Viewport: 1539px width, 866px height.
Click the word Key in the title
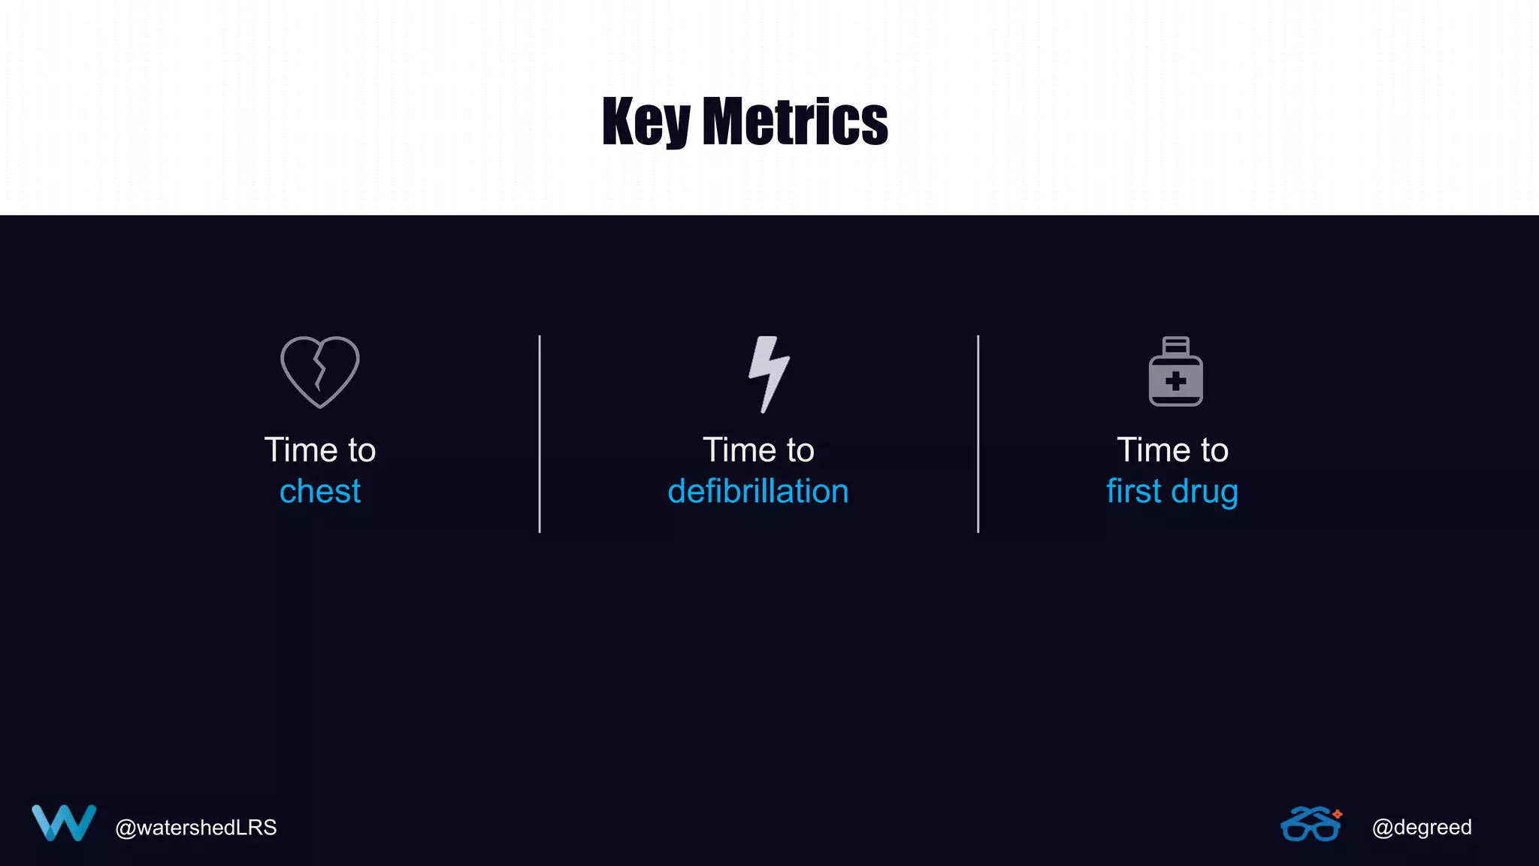(x=646, y=122)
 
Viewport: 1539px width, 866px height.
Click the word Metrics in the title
(x=794, y=122)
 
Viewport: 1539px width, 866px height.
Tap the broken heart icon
(x=320, y=371)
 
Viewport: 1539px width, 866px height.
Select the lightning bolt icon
(x=768, y=374)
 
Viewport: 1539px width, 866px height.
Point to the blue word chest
(x=320, y=492)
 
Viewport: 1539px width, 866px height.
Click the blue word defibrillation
(x=758, y=492)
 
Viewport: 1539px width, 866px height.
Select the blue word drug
(x=1205, y=492)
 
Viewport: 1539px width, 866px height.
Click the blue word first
(x=1134, y=492)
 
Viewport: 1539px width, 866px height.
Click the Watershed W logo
(x=64, y=823)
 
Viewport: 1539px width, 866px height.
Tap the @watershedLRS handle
(x=195, y=828)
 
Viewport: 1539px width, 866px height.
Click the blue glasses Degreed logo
(x=1311, y=825)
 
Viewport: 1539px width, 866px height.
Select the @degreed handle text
(x=1422, y=828)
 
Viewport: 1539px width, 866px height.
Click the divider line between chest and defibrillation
(x=540, y=434)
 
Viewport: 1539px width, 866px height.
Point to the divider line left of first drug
(x=978, y=434)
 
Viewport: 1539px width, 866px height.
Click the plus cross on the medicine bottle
(x=1176, y=381)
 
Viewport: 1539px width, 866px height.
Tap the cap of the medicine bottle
(x=1176, y=345)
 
